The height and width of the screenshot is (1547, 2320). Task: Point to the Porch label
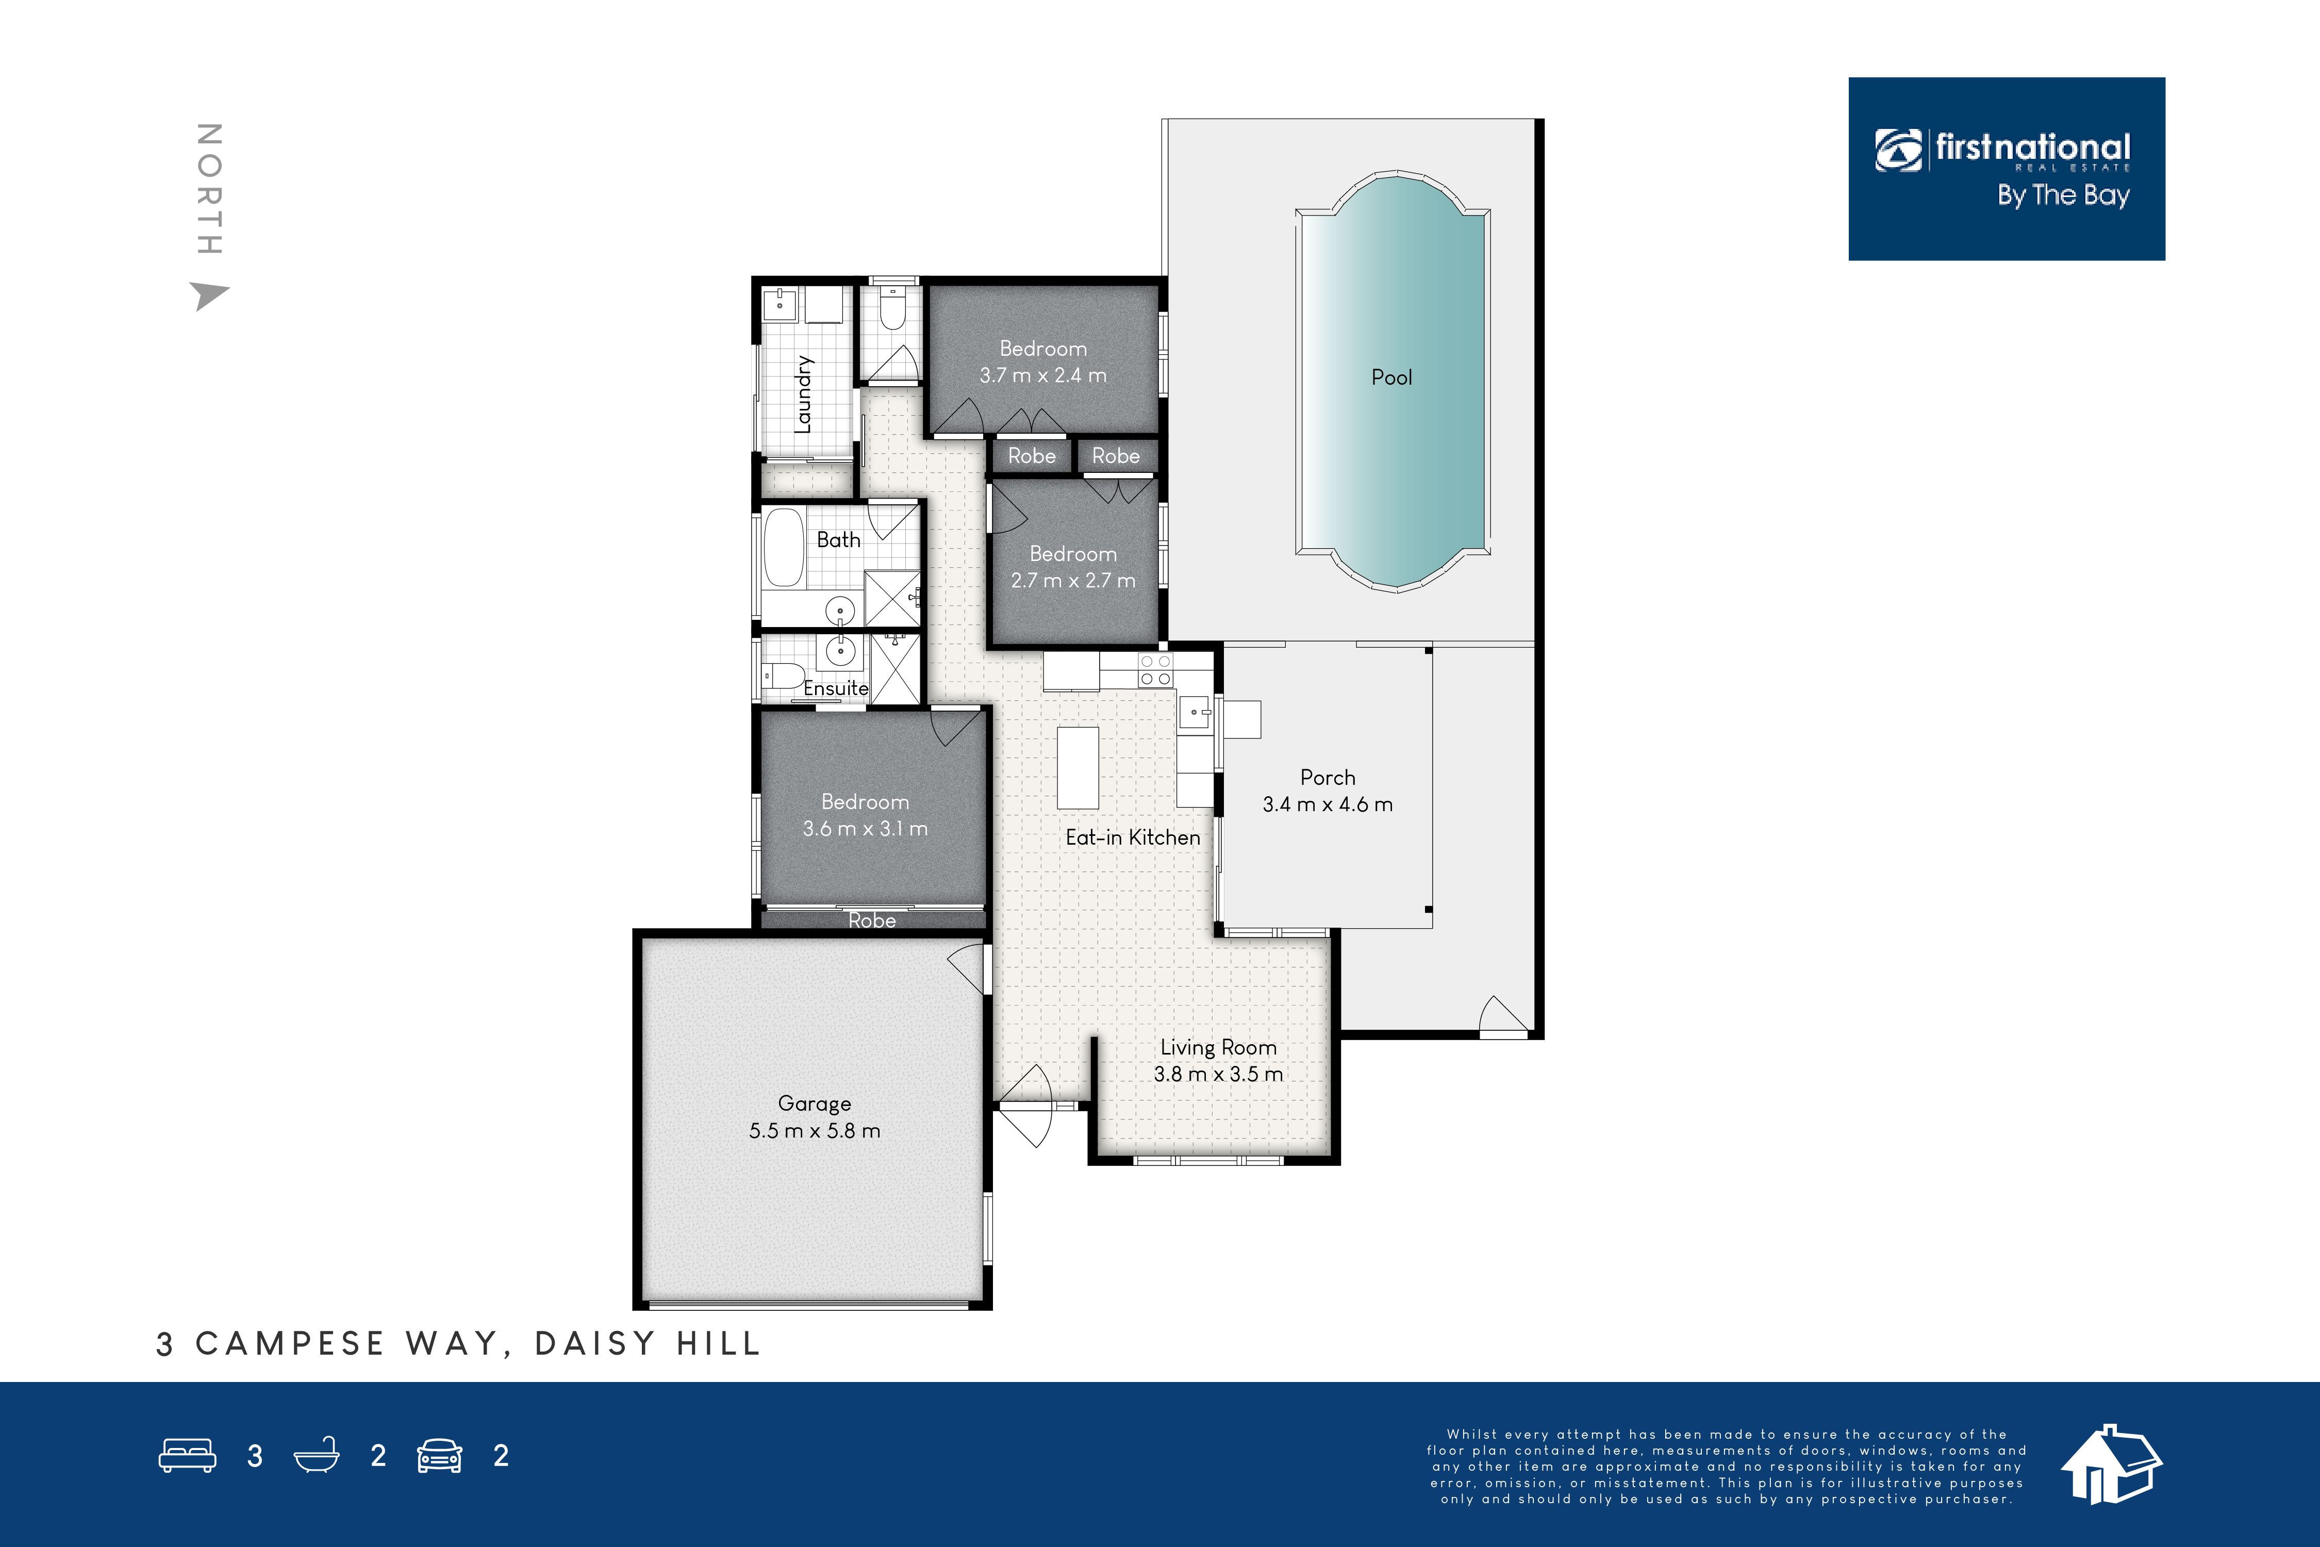click(x=1328, y=778)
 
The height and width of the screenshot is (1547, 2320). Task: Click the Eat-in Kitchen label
click(x=1132, y=837)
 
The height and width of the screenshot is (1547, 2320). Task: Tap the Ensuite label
click(x=836, y=688)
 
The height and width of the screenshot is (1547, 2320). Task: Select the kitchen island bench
click(x=1078, y=768)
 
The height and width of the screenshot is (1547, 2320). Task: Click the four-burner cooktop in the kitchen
click(x=1155, y=670)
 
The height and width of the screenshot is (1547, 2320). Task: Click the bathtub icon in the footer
click(x=317, y=1455)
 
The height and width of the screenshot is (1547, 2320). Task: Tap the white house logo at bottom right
click(x=2111, y=1465)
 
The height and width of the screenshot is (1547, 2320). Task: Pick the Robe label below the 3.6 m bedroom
click(x=872, y=920)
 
